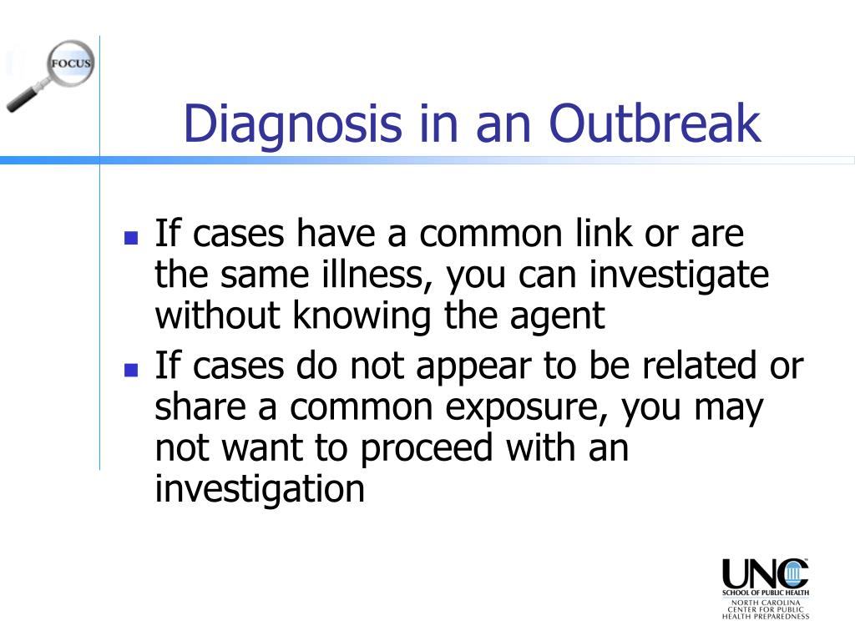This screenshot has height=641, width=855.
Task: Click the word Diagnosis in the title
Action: (293, 125)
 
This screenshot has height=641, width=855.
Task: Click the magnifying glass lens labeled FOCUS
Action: (70, 63)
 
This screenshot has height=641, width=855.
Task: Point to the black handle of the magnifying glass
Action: (21, 100)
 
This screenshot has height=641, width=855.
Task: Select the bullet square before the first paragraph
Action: (131, 238)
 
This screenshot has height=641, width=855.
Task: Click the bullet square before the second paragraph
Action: (131, 370)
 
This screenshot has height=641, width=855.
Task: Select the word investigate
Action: (679, 275)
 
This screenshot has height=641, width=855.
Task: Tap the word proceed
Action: (427, 449)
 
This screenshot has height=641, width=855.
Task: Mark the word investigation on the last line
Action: (260, 489)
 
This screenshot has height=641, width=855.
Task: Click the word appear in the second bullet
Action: (474, 367)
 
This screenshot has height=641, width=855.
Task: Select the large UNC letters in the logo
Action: (765, 574)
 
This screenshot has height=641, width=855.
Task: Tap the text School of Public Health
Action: (766, 593)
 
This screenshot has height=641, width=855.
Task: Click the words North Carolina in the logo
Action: (766, 603)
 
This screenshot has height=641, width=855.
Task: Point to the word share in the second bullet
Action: (200, 406)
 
